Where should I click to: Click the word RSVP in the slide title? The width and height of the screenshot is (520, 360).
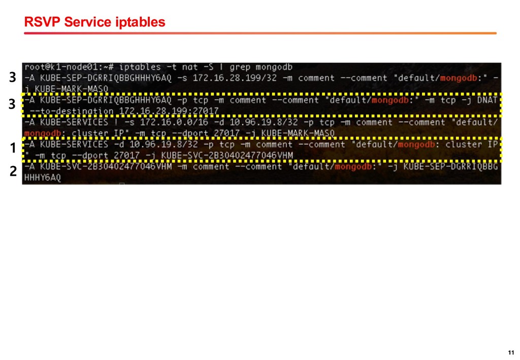click(x=39, y=22)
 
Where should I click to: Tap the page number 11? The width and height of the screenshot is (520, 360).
click(x=511, y=353)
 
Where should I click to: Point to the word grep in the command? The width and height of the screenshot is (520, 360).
click(x=241, y=67)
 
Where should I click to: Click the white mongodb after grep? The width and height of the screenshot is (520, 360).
click(x=275, y=67)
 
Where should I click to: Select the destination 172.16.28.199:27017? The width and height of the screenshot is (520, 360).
click(x=169, y=111)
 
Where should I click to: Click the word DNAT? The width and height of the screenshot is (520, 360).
click(x=487, y=100)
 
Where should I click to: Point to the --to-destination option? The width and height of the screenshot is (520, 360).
click(x=72, y=111)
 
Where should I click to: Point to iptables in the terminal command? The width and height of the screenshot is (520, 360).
click(x=141, y=67)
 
